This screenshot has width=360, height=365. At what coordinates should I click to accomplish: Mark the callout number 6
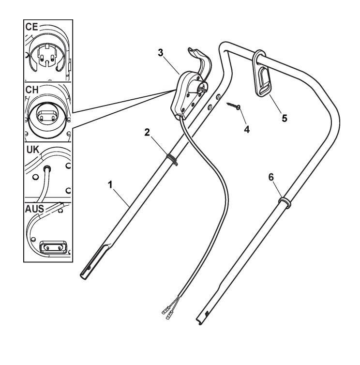coord(272,178)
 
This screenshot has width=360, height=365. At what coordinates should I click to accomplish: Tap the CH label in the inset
coord(34,91)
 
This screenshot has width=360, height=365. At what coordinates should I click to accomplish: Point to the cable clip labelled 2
coord(170,159)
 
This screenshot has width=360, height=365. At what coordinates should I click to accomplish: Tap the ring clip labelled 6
coord(284,200)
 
